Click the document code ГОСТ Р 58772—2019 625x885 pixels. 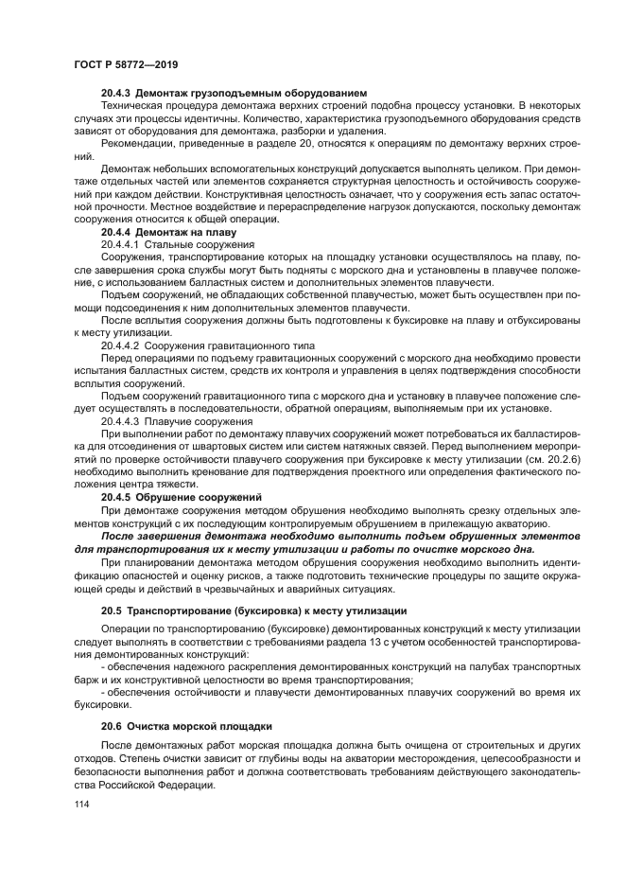coord(125,62)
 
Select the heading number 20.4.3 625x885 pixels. coord(116,93)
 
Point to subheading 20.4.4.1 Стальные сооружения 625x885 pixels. coord(171,244)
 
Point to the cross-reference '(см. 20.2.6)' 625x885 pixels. coord(517,458)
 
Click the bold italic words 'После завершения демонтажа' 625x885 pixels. coord(183,535)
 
